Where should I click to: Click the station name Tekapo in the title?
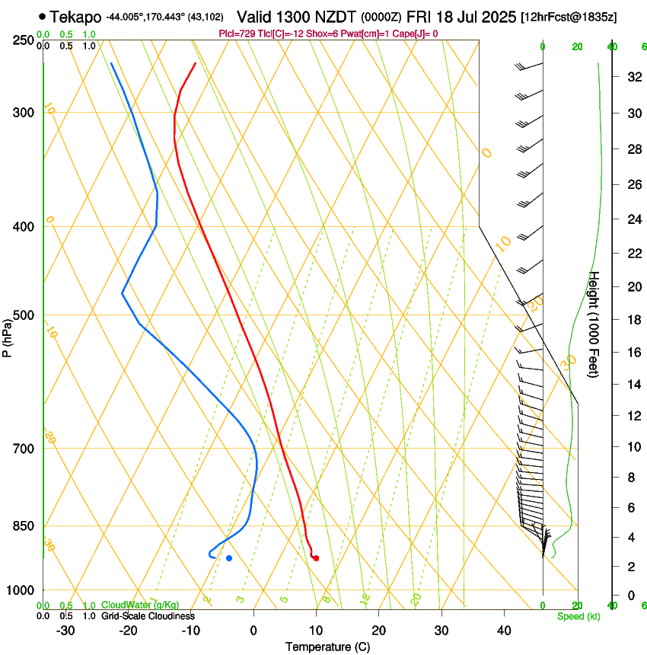tap(75, 16)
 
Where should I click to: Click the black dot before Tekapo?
tap(42, 16)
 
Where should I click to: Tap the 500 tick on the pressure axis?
tap(24, 315)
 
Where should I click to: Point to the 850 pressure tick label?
tap(24, 526)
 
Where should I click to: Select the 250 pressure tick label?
tap(24, 40)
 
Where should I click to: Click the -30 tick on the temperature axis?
tap(65, 630)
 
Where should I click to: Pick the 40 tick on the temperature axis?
tap(503, 630)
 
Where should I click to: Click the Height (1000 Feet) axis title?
tap(594, 324)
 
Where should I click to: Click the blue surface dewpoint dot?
tap(229, 558)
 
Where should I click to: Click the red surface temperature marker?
tap(316, 558)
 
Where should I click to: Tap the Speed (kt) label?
tap(578, 615)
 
